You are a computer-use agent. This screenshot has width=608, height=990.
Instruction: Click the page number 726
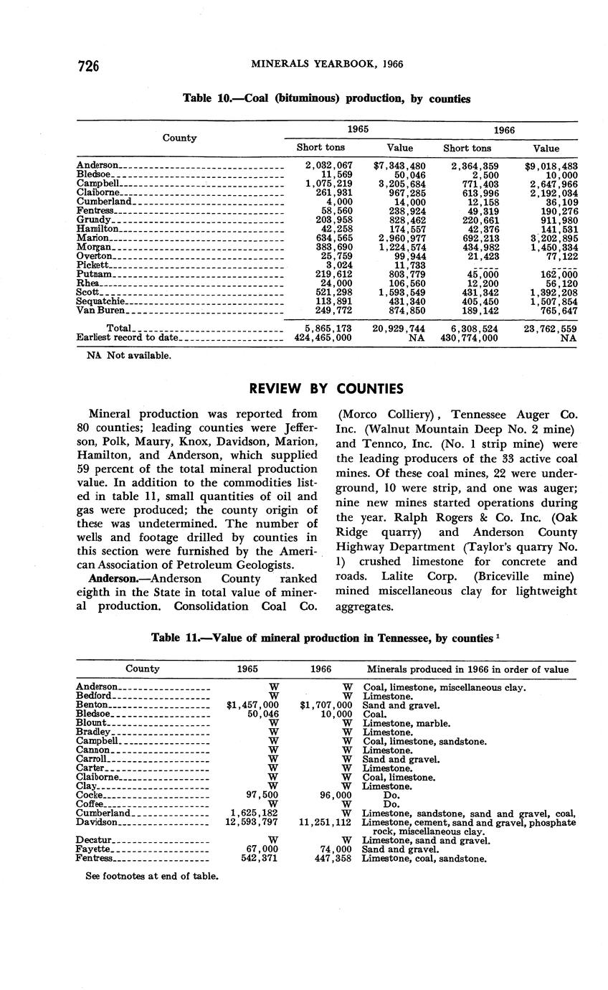[x=87, y=65]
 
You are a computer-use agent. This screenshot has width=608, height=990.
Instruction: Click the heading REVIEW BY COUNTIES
[x=326, y=389]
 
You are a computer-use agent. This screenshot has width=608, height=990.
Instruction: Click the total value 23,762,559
[x=551, y=328]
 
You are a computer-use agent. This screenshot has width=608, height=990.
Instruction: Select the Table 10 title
[x=326, y=99]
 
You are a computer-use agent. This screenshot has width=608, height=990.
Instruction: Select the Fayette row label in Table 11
[x=95, y=849]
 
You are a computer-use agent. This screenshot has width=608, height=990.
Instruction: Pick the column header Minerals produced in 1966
[x=468, y=669]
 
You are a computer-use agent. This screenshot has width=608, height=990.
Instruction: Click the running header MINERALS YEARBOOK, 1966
[x=326, y=64]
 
